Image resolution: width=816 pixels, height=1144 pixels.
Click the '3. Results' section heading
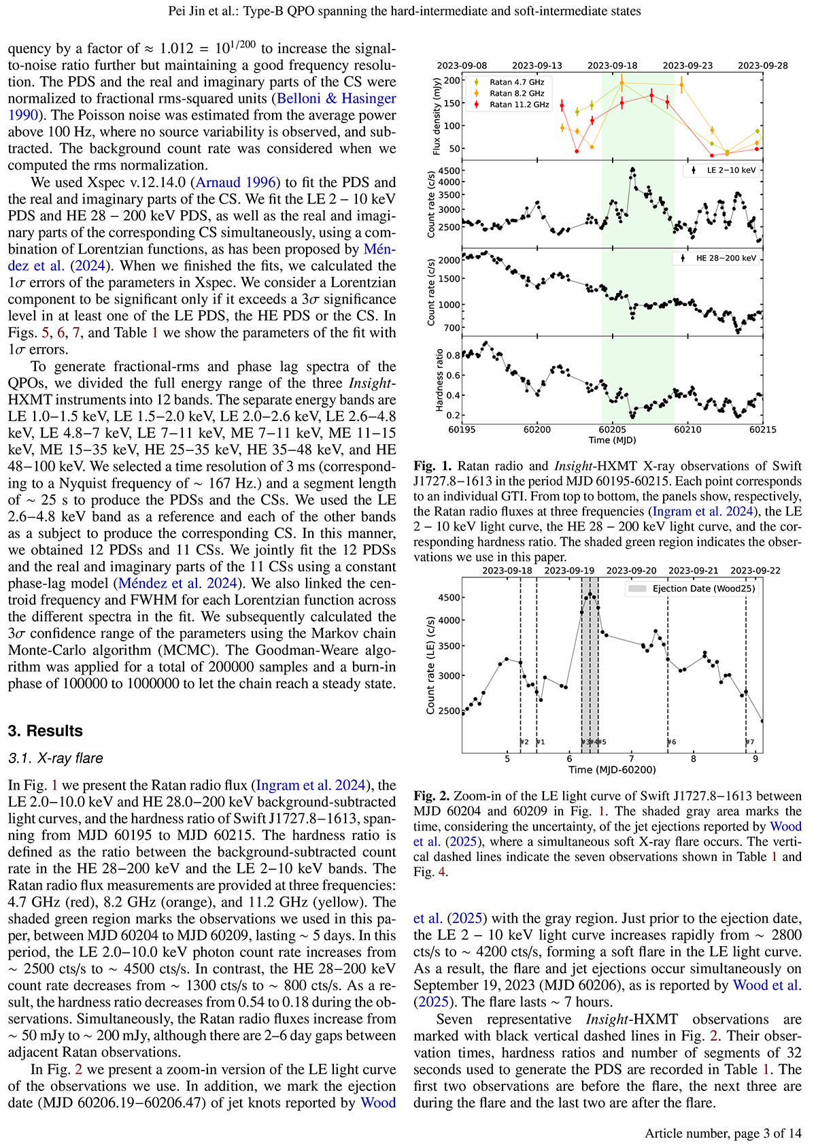coord(46,731)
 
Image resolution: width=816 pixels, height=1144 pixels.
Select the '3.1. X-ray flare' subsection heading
coord(55,758)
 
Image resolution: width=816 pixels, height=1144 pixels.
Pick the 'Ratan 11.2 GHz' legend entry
coord(519,105)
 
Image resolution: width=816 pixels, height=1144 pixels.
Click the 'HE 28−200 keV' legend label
coord(726,258)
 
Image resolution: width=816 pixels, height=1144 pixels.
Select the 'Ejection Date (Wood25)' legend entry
coord(703,589)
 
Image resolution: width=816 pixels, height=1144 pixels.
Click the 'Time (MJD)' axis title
coord(612,440)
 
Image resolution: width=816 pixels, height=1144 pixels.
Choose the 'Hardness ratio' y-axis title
coord(439,380)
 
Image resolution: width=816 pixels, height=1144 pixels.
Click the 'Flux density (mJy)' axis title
coord(436,116)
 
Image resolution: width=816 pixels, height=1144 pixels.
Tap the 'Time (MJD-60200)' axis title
coord(612,770)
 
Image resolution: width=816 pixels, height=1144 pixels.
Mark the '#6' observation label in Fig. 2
coord(672,742)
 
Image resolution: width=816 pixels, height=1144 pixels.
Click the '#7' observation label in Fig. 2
coord(750,742)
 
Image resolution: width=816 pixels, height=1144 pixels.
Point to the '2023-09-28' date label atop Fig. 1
coord(763,66)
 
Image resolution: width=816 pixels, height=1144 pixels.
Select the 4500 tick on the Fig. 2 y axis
coord(449,598)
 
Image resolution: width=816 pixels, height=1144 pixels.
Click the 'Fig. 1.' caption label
coord(432,467)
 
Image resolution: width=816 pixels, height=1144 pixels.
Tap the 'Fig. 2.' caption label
coord(432,796)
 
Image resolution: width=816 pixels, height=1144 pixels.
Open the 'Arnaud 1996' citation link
coord(236,182)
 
